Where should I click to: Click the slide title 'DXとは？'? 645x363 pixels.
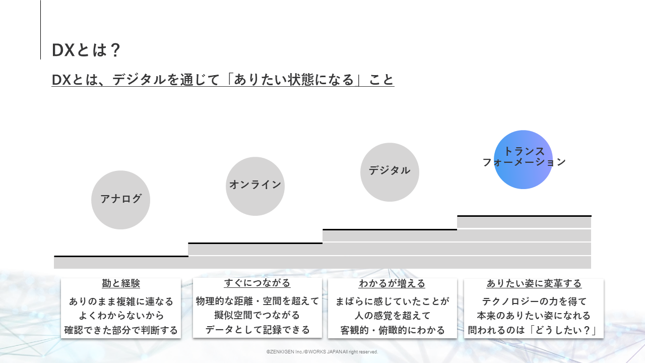pyautogui.click(x=86, y=50)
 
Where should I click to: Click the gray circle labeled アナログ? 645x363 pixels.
pyautogui.click(x=120, y=200)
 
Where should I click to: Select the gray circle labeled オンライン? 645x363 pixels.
pyautogui.click(x=255, y=186)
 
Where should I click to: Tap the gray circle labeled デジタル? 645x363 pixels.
pyautogui.click(x=390, y=172)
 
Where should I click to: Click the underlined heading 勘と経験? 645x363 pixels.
pyautogui.click(x=121, y=284)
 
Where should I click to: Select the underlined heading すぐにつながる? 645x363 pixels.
pyautogui.click(x=257, y=283)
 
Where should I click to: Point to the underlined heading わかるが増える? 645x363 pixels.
pyautogui.click(x=392, y=284)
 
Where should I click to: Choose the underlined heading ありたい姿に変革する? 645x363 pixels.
pyautogui.click(x=534, y=284)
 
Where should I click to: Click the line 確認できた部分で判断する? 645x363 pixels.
pyautogui.click(x=121, y=331)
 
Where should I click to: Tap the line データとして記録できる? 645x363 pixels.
pyautogui.click(x=257, y=330)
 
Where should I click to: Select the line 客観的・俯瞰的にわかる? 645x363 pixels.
pyautogui.click(x=393, y=331)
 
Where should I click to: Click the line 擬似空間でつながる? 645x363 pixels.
pyautogui.click(x=257, y=316)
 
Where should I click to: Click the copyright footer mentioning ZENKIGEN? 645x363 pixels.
pyautogui.click(x=322, y=352)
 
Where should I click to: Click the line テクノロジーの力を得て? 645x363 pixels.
pyautogui.click(x=534, y=301)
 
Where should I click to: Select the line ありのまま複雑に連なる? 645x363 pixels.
pyautogui.click(x=121, y=302)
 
